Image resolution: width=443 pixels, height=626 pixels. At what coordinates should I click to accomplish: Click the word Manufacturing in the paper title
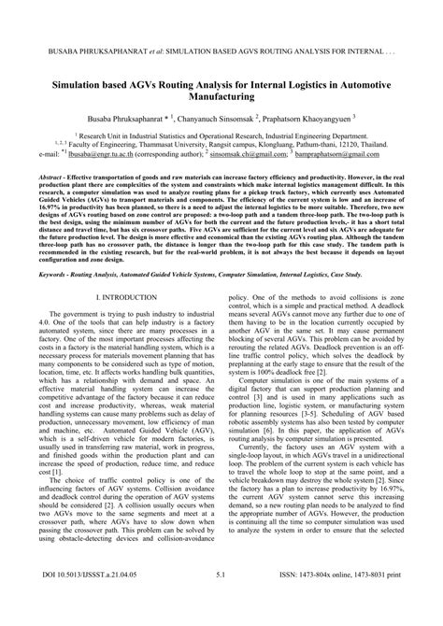[221, 95]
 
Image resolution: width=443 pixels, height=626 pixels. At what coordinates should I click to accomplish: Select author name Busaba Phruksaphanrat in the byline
[129, 121]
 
